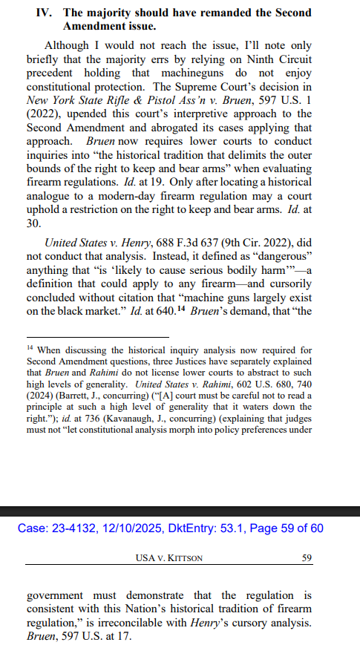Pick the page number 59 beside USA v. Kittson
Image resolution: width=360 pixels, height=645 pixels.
[x=306, y=558]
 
